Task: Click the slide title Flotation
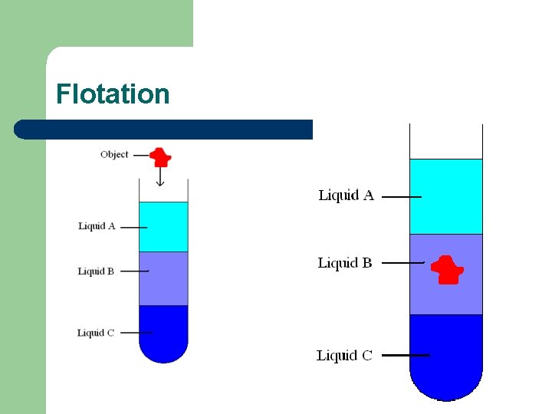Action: coord(113,94)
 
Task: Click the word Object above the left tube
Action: coord(114,155)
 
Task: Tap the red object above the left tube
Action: coord(160,156)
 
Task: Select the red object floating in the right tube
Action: coord(446,270)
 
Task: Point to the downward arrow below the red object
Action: coord(160,177)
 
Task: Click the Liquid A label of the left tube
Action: coord(97,226)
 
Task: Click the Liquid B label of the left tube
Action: coord(96,271)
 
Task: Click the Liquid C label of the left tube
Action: coord(96,333)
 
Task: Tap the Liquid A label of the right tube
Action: coord(346,195)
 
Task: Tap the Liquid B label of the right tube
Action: coord(345,263)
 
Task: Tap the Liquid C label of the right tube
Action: coord(344,356)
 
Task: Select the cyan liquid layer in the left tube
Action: coord(163,226)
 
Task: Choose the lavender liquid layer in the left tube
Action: coord(163,278)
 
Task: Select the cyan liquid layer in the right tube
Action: coord(446,196)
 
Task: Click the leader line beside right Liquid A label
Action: coord(401,197)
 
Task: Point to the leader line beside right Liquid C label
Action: coord(405,356)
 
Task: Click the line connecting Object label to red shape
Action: coord(141,155)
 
